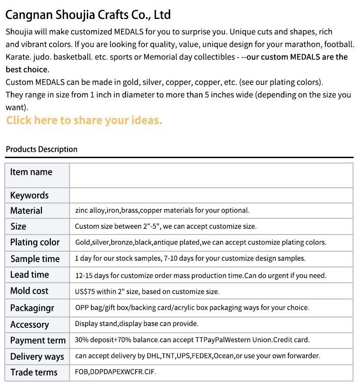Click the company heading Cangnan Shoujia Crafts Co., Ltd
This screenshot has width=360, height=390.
click(x=88, y=15)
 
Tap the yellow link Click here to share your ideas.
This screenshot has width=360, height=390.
click(x=84, y=120)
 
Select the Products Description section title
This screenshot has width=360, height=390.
click(x=41, y=149)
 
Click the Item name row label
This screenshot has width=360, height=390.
click(x=31, y=172)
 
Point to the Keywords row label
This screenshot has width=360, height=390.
click(x=29, y=195)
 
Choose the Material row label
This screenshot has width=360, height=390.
click(x=26, y=210)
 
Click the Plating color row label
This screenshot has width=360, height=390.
click(x=35, y=242)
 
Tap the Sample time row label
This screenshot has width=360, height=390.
click(x=35, y=259)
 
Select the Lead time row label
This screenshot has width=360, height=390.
click(x=29, y=275)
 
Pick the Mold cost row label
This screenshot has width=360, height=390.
click(x=29, y=291)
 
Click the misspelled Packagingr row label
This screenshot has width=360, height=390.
click(x=32, y=308)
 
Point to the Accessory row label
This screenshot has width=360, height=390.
click(x=29, y=324)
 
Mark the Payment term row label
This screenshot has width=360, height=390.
click(x=38, y=340)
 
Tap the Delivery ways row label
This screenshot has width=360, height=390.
click(x=37, y=357)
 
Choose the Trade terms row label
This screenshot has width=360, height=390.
click(x=34, y=372)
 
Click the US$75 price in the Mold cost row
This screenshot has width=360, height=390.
click(x=85, y=292)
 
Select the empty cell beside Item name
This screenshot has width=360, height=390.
click(x=211, y=175)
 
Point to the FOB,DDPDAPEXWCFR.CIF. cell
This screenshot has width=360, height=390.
click(x=116, y=372)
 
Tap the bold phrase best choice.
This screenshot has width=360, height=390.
click(x=27, y=69)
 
